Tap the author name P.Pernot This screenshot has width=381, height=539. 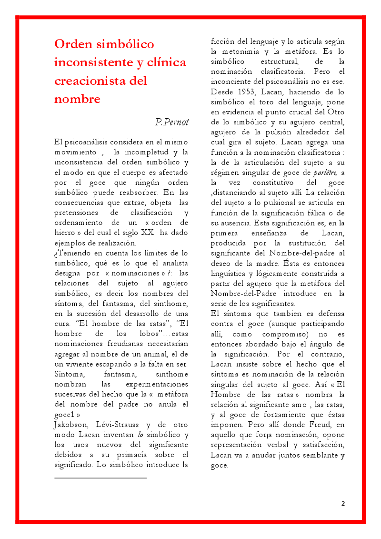[172, 122]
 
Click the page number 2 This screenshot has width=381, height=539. [343, 503]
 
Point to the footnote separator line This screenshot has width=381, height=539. [100, 477]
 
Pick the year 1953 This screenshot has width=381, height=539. [246, 92]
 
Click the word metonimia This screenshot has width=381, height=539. [250, 51]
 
